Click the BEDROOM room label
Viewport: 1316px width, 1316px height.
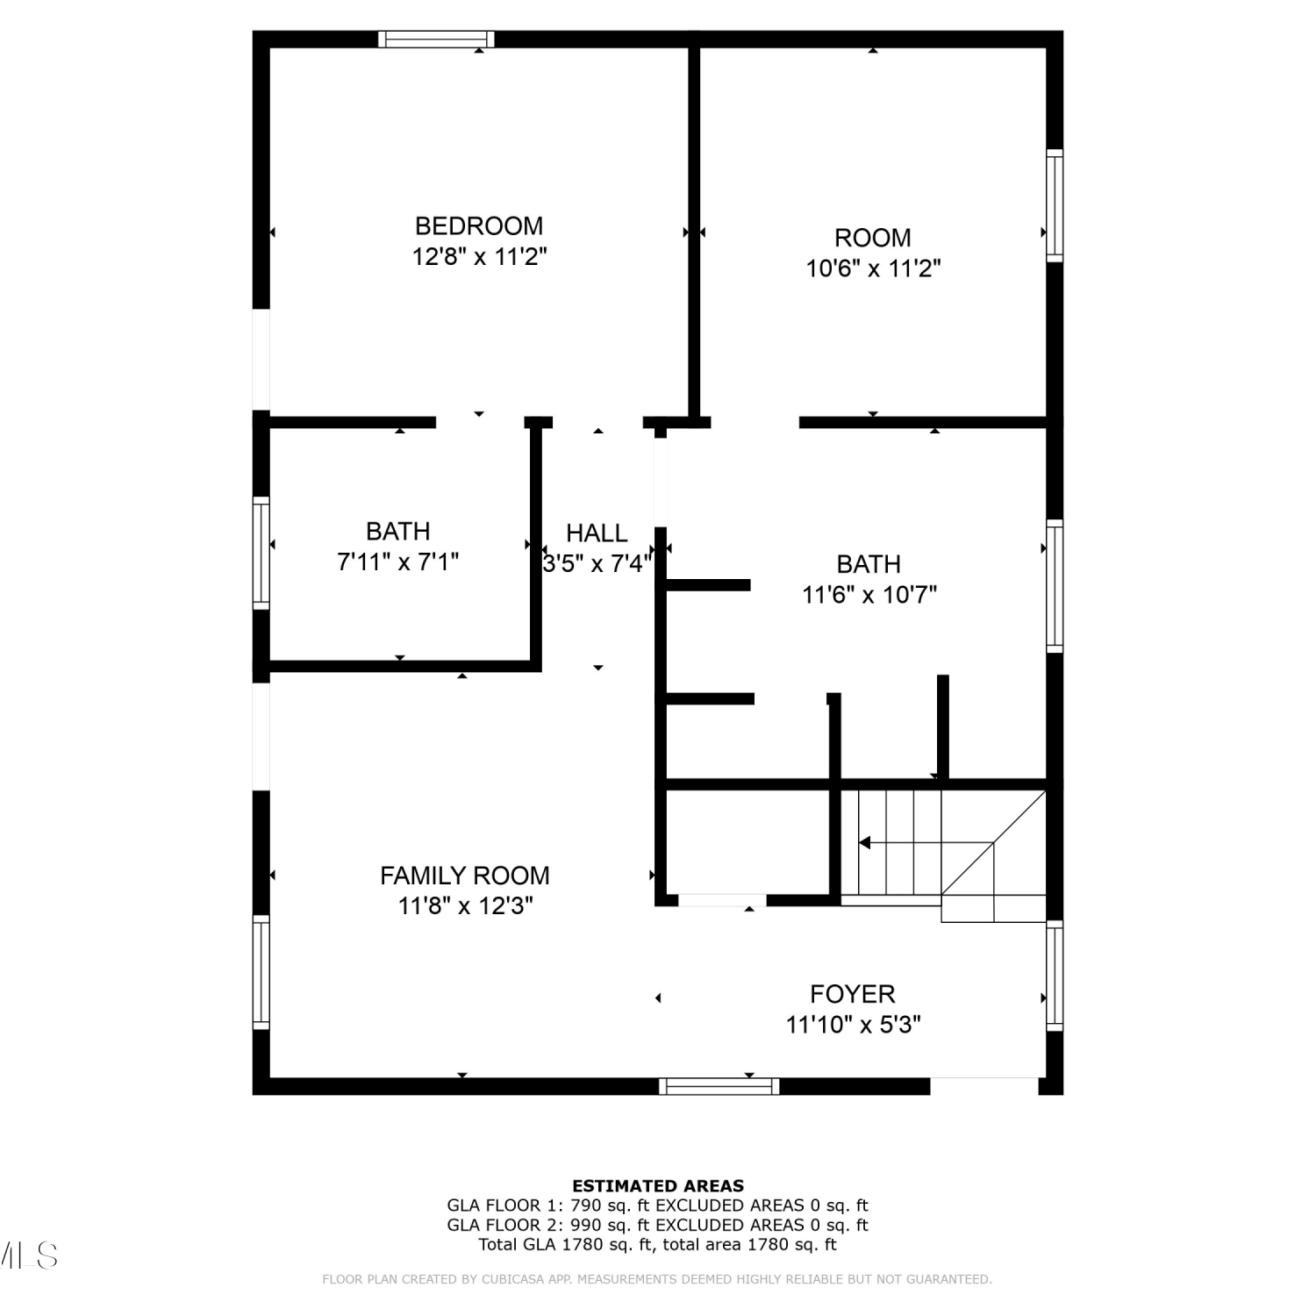click(x=479, y=226)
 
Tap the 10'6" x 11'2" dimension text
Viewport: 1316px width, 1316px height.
click(x=874, y=268)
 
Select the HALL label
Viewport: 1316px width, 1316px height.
click(x=597, y=533)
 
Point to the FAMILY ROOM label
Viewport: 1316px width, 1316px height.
click(x=465, y=876)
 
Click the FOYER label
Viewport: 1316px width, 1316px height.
click(x=853, y=994)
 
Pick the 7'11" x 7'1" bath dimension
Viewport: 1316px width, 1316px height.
click(x=398, y=562)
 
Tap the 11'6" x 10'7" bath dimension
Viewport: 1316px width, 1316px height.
click(x=869, y=595)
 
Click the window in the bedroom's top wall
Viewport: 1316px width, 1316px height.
click(x=436, y=39)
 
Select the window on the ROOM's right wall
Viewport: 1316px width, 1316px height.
click(x=1055, y=204)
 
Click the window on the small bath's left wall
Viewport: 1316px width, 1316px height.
click(x=261, y=553)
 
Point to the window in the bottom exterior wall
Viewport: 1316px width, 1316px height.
click(x=719, y=1086)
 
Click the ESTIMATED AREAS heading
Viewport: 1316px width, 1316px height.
click(x=658, y=1186)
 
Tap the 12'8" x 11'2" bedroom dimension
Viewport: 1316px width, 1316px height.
click(x=480, y=257)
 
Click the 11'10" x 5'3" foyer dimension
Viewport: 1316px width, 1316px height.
click(x=854, y=1025)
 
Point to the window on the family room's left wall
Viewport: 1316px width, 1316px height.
click(x=261, y=972)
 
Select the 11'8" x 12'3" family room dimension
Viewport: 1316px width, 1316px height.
click(x=466, y=906)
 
